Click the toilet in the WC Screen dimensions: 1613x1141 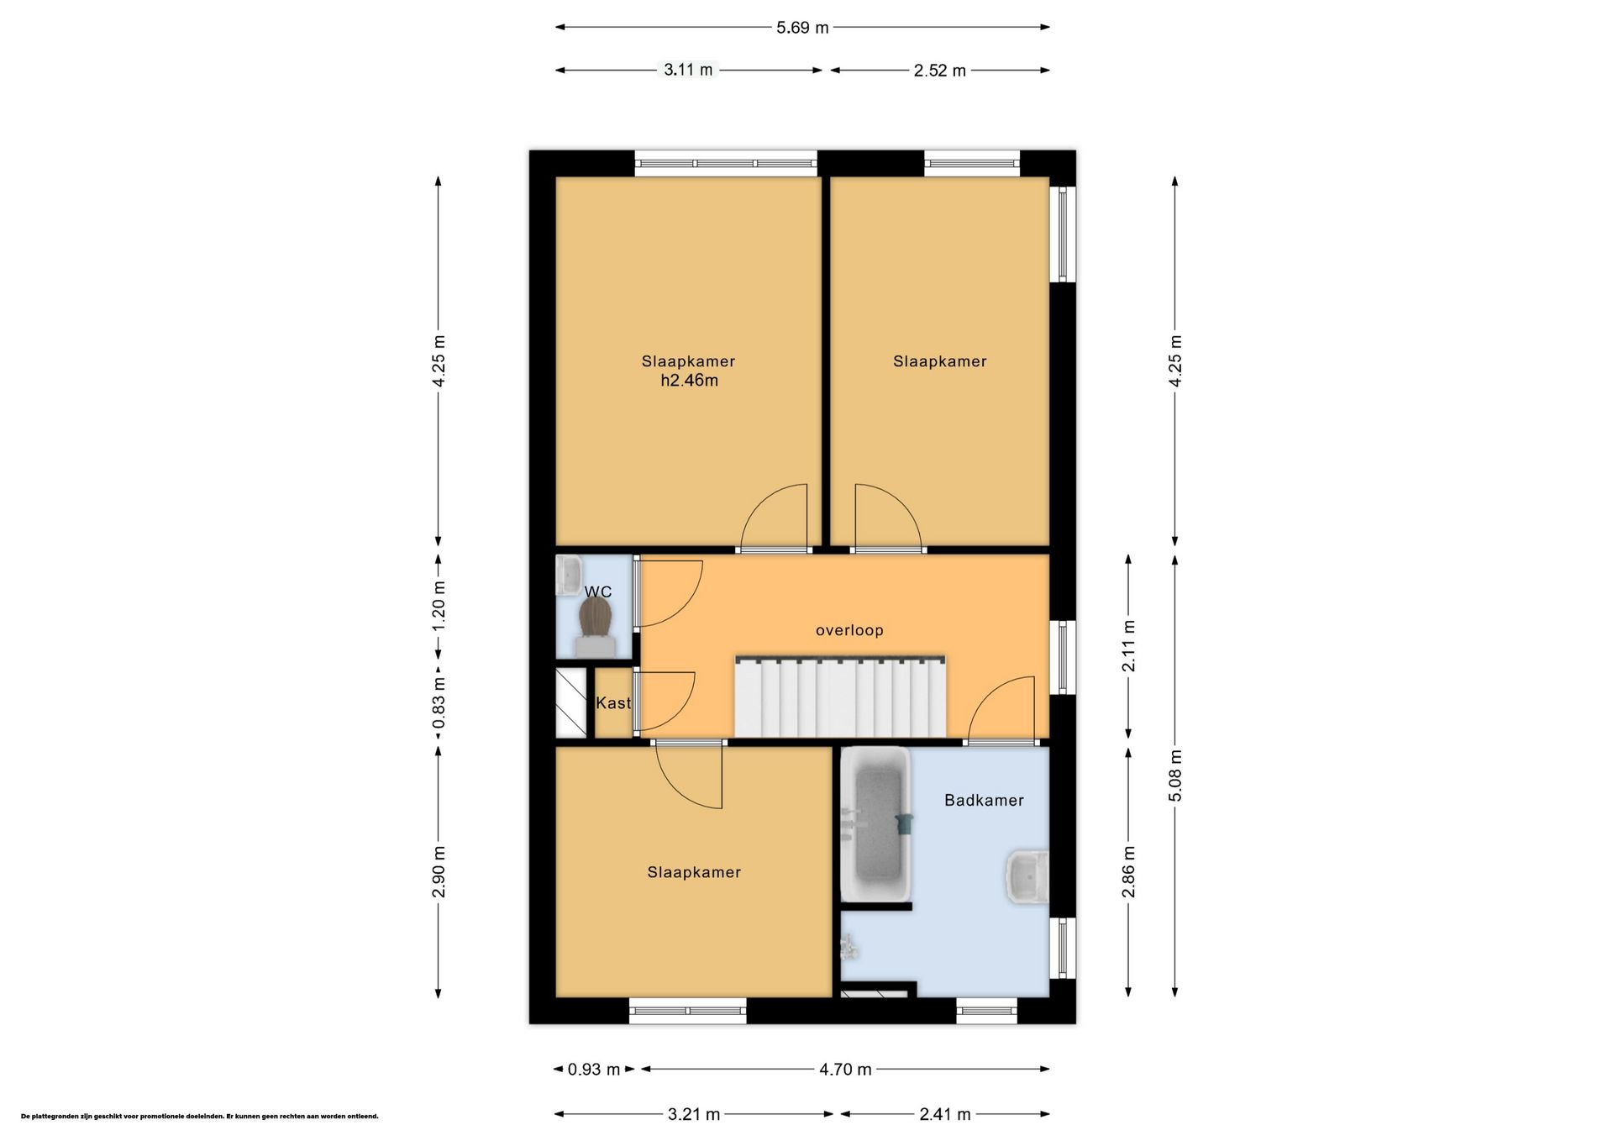[x=596, y=628]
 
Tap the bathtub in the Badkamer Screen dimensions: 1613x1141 [x=875, y=824]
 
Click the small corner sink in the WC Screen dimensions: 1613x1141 [x=569, y=575]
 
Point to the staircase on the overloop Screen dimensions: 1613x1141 [x=840, y=697]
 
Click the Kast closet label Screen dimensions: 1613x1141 [x=613, y=703]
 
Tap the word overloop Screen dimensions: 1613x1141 [x=849, y=630]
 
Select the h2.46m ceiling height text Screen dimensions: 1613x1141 [x=689, y=381]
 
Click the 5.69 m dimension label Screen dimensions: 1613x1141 [x=802, y=28]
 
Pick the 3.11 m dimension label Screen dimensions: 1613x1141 [x=688, y=70]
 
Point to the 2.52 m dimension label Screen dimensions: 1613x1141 [x=940, y=71]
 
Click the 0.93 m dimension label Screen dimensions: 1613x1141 [x=594, y=1070]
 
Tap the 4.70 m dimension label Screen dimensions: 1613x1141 [x=845, y=1070]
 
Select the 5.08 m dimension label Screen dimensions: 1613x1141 [x=1175, y=775]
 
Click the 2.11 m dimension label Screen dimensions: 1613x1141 [x=1129, y=646]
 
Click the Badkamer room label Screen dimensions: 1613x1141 [x=984, y=801]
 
